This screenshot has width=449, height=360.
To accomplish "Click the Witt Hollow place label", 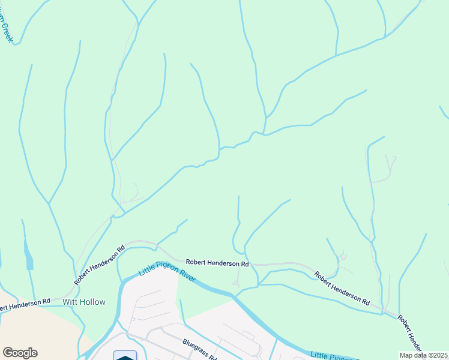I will point(83,302).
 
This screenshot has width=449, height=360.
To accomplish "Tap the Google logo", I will point(20,353).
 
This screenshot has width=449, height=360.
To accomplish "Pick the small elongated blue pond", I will point(29,256).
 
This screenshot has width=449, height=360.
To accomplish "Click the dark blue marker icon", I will point(125,356).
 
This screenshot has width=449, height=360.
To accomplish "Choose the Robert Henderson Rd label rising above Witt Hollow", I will point(100,265).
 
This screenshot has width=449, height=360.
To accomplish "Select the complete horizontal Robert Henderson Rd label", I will point(217,263).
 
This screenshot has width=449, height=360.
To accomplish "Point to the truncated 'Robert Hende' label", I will point(411,334).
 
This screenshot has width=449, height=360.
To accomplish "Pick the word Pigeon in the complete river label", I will point(166,266).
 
